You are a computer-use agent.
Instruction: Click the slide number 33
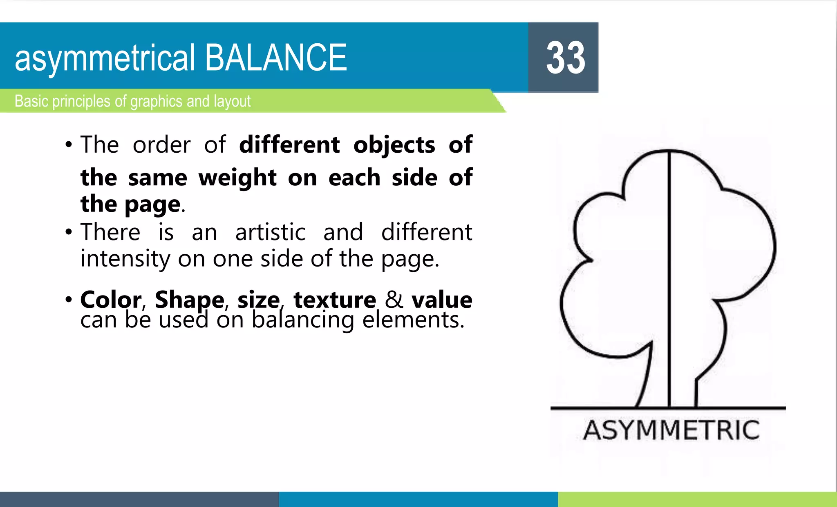click(x=566, y=58)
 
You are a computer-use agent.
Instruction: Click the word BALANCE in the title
click(x=276, y=58)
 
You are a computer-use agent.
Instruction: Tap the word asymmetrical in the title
click(x=105, y=59)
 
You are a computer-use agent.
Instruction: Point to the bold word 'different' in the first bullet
click(x=289, y=145)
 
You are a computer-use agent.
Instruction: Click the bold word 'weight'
click(x=237, y=178)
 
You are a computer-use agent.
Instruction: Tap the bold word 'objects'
click(x=394, y=145)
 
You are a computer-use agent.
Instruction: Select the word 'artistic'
click(x=270, y=232)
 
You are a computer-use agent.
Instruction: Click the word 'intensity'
click(x=125, y=259)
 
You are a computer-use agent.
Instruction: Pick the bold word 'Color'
click(x=111, y=300)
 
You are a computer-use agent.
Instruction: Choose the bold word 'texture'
click(x=335, y=300)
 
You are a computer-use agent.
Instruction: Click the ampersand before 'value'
click(x=394, y=300)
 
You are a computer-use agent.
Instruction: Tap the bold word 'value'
click(x=442, y=300)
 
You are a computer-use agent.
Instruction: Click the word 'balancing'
click(x=302, y=320)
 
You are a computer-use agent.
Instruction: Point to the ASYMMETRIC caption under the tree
click(x=671, y=430)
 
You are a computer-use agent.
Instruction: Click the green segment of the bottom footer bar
click(x=697, y=499)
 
